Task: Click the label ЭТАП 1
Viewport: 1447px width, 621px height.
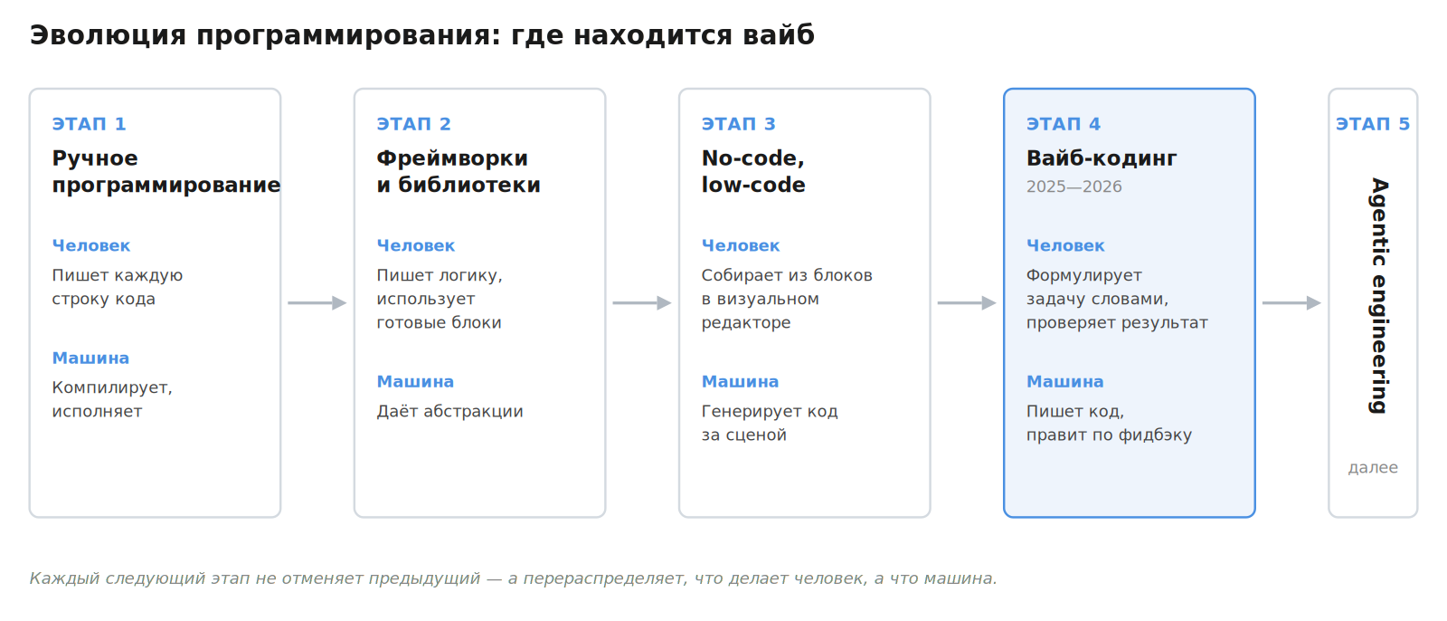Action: point(90,123)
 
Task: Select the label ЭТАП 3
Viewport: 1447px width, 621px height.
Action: point(738,123)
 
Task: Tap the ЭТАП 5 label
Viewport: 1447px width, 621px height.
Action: point(1373,123)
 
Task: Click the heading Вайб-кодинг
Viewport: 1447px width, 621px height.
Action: point(1102,158)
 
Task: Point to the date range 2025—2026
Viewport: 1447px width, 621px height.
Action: point(1073,187)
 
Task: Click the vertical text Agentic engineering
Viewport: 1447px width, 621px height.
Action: point(1378,296)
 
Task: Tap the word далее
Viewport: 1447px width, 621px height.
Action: point(1373,468)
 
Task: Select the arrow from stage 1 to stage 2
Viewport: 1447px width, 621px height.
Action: point(317,302)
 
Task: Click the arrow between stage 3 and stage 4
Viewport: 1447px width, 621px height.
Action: point(967,302)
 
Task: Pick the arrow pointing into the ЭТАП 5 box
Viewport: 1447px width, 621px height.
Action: point(1292,302)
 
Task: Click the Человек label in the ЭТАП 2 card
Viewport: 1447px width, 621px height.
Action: point(415,246)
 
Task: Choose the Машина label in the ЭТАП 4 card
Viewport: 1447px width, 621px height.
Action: point(1064,382)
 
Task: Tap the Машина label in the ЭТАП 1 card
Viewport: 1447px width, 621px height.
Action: point(90,358)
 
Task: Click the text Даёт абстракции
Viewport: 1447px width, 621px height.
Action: point(449,411)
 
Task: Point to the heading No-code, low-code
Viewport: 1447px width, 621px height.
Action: point(753,171)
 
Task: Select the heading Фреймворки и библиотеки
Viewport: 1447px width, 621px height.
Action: point(459,171)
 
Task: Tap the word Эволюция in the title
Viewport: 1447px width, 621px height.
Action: point(108,35)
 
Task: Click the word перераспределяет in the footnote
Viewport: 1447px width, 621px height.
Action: point(604,578)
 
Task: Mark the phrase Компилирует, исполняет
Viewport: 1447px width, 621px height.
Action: point(112,399)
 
